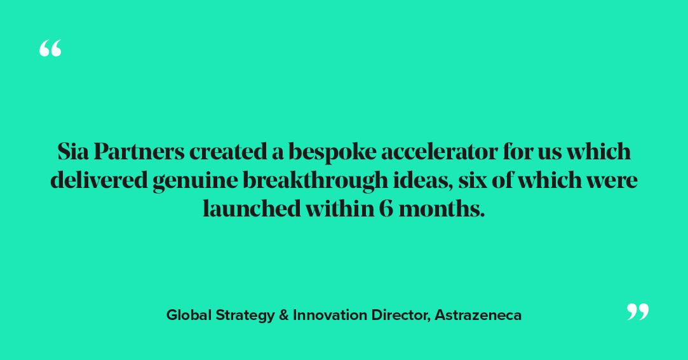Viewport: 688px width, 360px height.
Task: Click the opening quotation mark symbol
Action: point(50,48)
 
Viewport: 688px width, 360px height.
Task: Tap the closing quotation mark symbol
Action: point(638,311)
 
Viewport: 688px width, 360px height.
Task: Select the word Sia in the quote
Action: point(73,152)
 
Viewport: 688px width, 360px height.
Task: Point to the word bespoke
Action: point(330,152)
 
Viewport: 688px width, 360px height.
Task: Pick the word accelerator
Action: point(438,152)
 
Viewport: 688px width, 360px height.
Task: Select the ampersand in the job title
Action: point(283,315)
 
